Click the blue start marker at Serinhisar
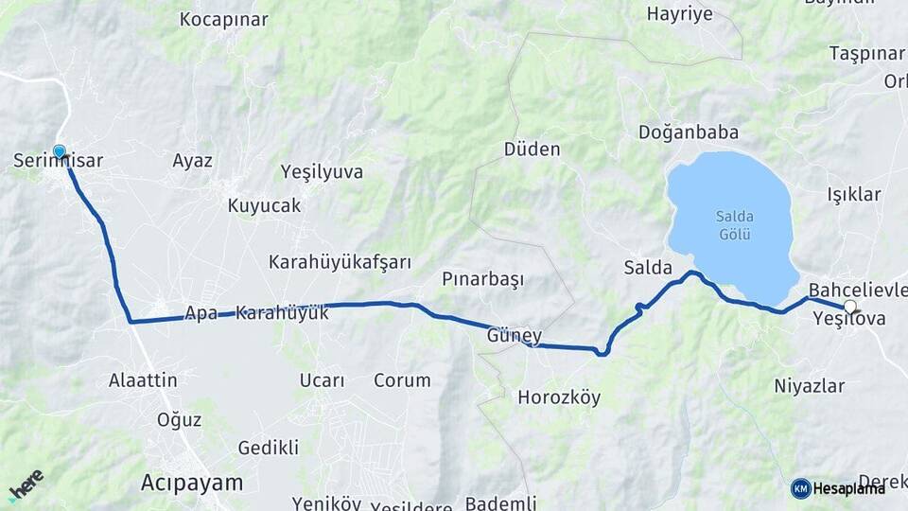point(60,151)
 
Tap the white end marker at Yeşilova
point(849,307)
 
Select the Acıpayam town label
point(191,482)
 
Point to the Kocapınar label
point(223,19)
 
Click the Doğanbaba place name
point(688,132)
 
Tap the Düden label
point(532,150)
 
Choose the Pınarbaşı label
point(482,279)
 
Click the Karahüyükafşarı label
point(340,261)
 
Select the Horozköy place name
point(559,397)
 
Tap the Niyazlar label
point(809,385)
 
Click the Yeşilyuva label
point(322,171)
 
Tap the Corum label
point(402,380)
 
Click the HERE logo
point(26,485)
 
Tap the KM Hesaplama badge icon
point(801,488)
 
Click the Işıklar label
point(854,195)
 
